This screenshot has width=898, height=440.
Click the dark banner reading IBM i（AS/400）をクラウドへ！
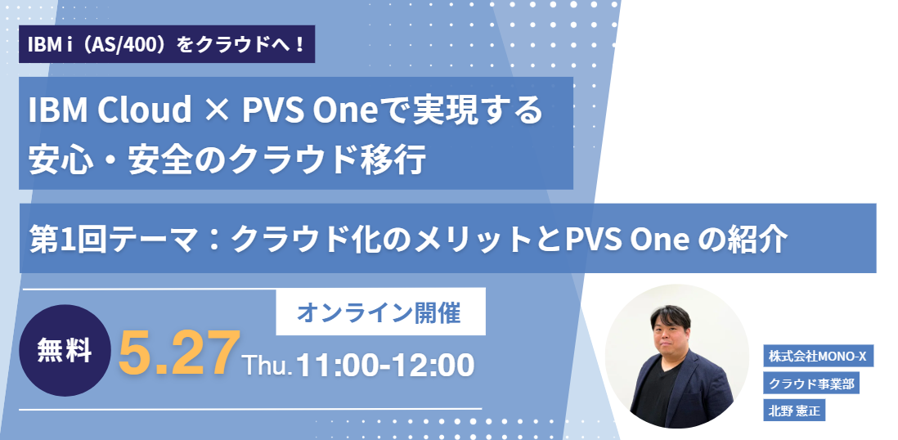[167, 44]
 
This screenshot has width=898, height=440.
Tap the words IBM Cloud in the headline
[110, 110]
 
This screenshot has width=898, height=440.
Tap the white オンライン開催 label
[381, 312]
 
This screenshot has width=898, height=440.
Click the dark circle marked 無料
[65, 351]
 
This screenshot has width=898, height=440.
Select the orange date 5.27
[178, 352]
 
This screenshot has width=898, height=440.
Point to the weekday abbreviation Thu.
[267, 366]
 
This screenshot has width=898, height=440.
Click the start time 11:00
[331, 365]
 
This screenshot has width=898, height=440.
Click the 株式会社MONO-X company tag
[819, 356]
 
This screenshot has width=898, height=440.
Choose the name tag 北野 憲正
[794, 411]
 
